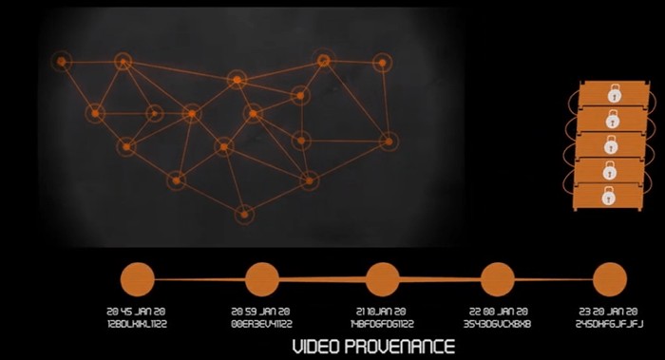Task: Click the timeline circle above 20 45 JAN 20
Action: pos(138,280)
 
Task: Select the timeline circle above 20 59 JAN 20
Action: pos(261,280)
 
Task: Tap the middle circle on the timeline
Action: pos(382,279)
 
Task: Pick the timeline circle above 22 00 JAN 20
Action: pos(499,280)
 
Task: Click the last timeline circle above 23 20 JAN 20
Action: pos(610,280)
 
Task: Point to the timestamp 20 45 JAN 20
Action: pos(138,311)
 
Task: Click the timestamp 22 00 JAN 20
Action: pos(499,311)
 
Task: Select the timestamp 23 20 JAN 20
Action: pos(610,311)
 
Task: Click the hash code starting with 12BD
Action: pos(138,323)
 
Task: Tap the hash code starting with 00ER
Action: pos(261,323)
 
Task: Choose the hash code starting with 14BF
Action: pos(382,323)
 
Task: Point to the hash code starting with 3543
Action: pos(499,323)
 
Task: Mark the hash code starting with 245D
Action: pos(610,323)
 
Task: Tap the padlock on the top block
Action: pos(614,95)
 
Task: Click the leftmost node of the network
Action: pos(61,62)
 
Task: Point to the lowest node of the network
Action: pos(246,214)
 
